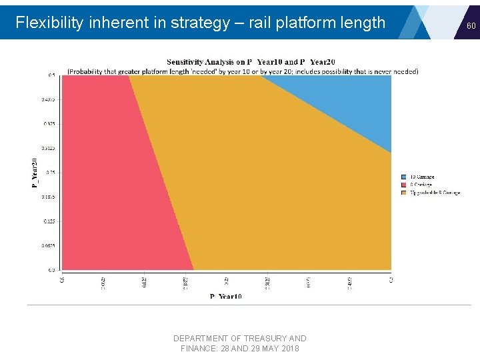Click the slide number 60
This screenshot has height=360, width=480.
click(x=471, y=25)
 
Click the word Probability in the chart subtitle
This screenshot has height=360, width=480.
click(x=90, y=71)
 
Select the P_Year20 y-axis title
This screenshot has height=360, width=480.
click(x=35, y=172)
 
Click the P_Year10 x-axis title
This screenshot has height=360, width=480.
click(x=226, y=296)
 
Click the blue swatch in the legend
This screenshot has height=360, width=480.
click(x=404, y=177)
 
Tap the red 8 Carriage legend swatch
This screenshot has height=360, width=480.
click(x=404, y=185)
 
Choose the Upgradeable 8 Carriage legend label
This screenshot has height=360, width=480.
click(x=435, y=193)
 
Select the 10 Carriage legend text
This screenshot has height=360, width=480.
click(x=421, y=177)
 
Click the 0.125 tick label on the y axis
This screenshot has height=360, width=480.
click(x=49, y=221)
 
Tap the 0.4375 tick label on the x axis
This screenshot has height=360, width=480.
click(x=350, y=283)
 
